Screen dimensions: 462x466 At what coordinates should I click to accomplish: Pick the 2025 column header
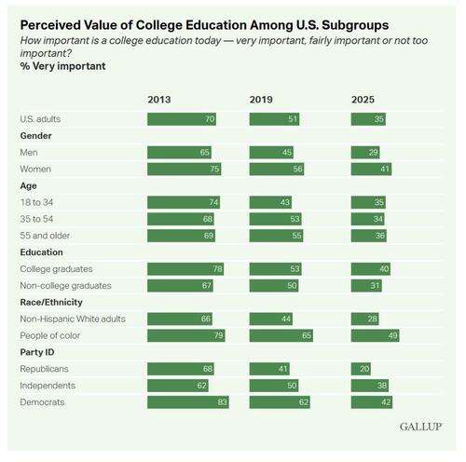click(x=363, y=100)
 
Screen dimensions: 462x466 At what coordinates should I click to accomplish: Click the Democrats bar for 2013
click(x=187, y=401)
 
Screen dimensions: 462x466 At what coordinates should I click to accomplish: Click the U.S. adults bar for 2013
click(x=181, y=119)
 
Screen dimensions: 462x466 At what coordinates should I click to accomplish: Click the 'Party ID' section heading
click(x=38, y=352)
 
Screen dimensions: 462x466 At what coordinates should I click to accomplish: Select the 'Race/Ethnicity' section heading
click(x=53, y=302)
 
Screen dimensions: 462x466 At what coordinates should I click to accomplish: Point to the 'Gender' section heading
click(x=36, y=136)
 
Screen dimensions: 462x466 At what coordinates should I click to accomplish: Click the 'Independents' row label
click(x=48, y=385)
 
